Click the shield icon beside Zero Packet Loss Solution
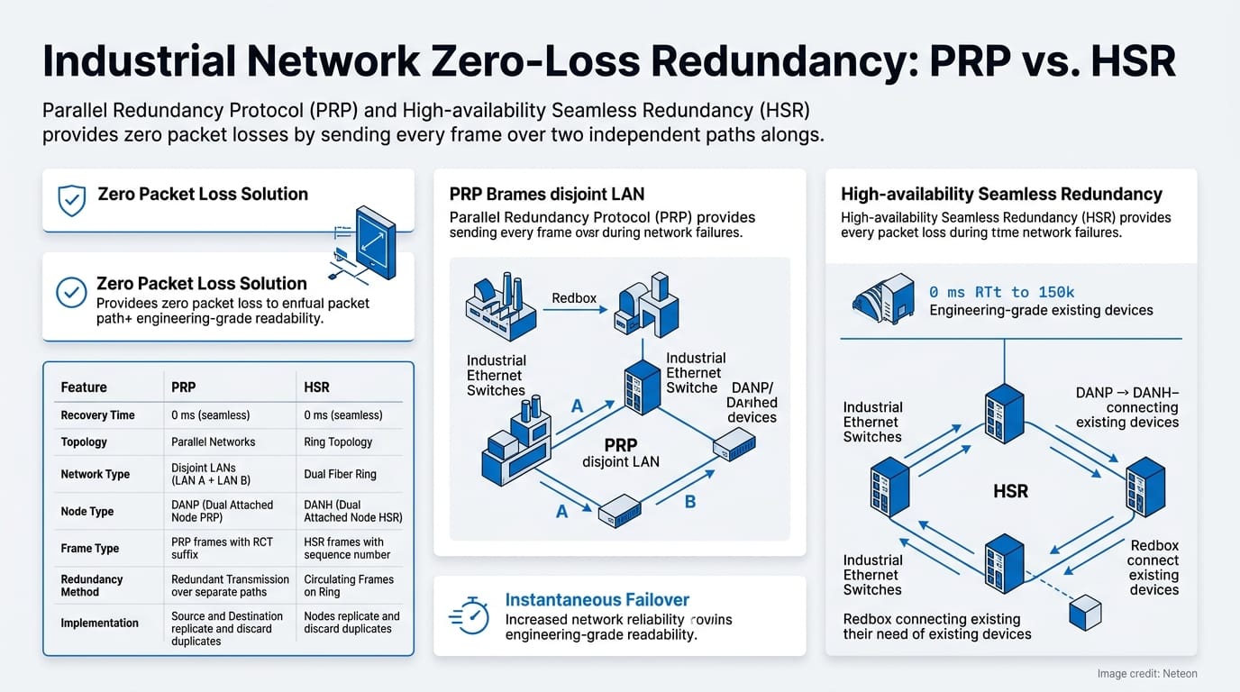(x=71, y=200)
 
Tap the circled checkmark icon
(x=71, y=291)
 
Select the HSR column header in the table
(x=316, y=387)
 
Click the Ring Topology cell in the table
(x=338, y=442)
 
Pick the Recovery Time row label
(x=97, y=415)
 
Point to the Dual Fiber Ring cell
(x=340, y=474)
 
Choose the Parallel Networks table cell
(x=213, y=442)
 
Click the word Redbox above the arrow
(x=574, y=297)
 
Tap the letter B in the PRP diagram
(x=690, y=502)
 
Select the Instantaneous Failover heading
(x=597, y=600)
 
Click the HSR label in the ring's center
(x=1009, y=492)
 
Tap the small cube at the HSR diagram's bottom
(x=1084, y=612)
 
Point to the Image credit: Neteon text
(x=1146, y=674)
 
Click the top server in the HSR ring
(x=1003, y=413)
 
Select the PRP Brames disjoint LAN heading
(x=546, y=194)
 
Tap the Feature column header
(x=84, y=387)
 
